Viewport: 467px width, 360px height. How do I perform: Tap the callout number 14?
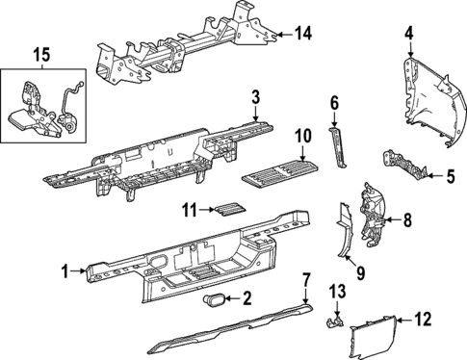click(303, 34)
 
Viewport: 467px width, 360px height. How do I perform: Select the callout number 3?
click(256, 97)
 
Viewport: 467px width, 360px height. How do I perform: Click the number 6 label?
click(449, 175)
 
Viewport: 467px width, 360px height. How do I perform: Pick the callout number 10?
click(334, 103)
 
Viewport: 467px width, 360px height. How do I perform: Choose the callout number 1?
click(190, 208)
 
